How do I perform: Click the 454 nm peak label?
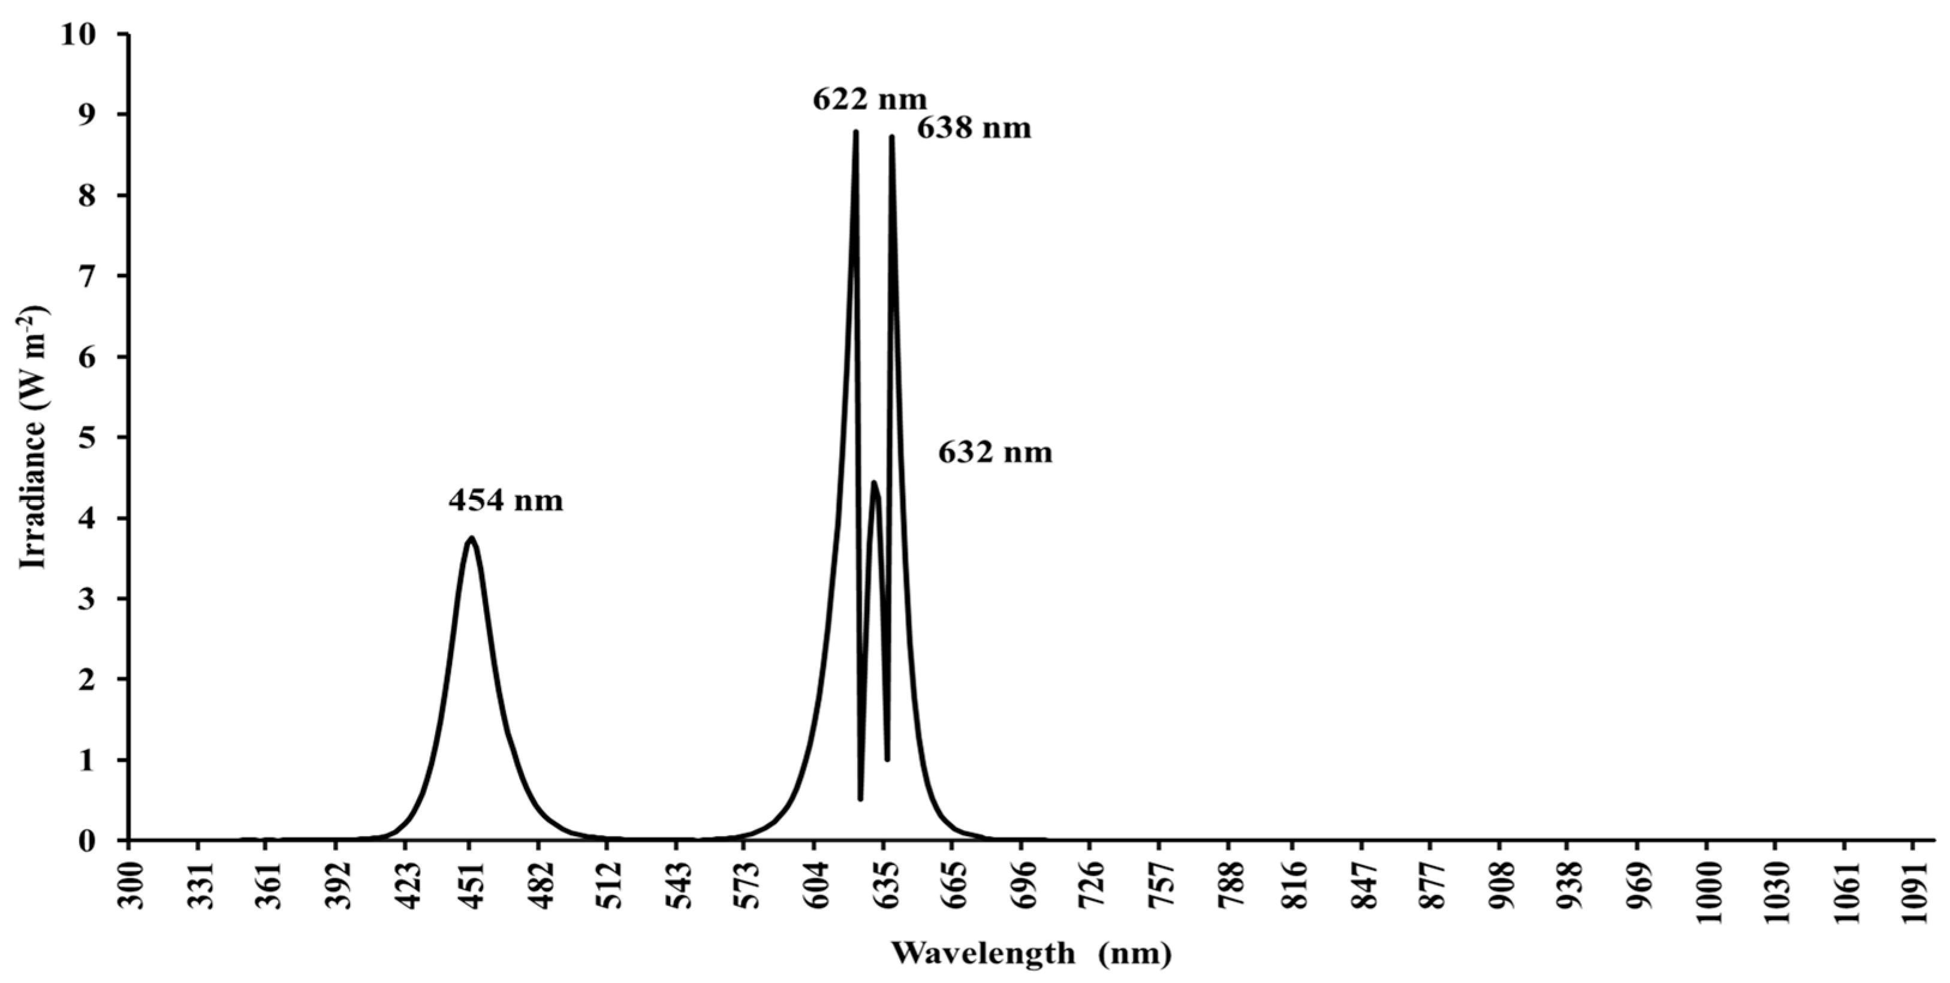[x=506, y=501]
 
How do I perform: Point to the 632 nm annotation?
[x=996, y=453]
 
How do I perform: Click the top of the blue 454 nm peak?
[x=471, y=539]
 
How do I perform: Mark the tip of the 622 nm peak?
[x=855, y=132]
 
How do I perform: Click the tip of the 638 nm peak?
[x=892, y=137]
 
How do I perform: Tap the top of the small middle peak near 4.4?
[x=873, y=483]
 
